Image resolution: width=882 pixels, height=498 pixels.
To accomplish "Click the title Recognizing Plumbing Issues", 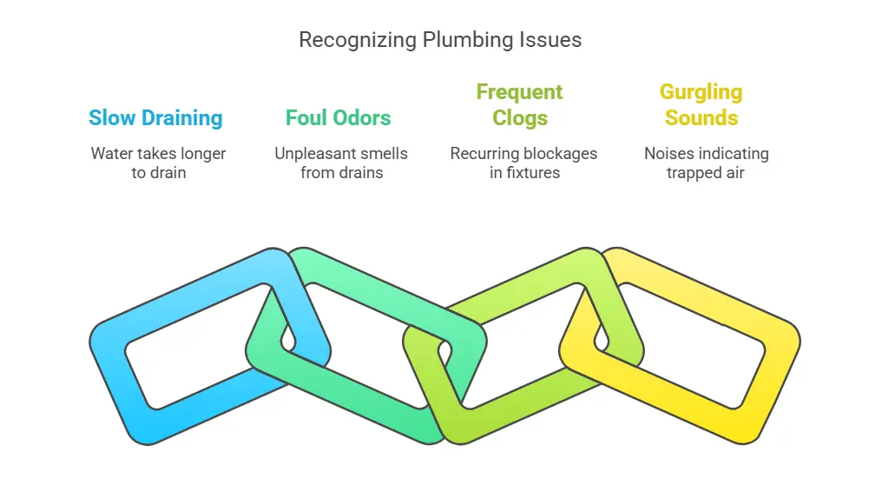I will (x=440, y=40).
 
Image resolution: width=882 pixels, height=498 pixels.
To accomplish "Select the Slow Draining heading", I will (x=155, y=118).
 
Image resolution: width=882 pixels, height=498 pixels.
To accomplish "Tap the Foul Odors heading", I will (x=339, y=118).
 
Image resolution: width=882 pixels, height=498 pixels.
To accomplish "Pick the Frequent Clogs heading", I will (x=519, y=105).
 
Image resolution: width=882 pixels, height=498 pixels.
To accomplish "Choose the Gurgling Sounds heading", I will (x=701, y=105).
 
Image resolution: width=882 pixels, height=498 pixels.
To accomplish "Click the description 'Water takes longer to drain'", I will (x=158, y=163).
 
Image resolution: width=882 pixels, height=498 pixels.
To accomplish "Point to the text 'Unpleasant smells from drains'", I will (x=341, y=163).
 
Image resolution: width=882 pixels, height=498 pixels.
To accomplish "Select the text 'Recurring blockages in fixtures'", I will (x=523, y=163).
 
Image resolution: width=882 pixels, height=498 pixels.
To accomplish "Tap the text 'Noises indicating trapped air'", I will (x=706, y=163).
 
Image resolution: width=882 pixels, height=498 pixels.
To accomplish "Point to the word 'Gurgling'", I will (x=701, y=92).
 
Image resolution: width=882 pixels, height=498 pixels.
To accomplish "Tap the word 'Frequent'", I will (x=519, y=92).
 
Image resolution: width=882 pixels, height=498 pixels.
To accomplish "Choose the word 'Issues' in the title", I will (x=555, y=40).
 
